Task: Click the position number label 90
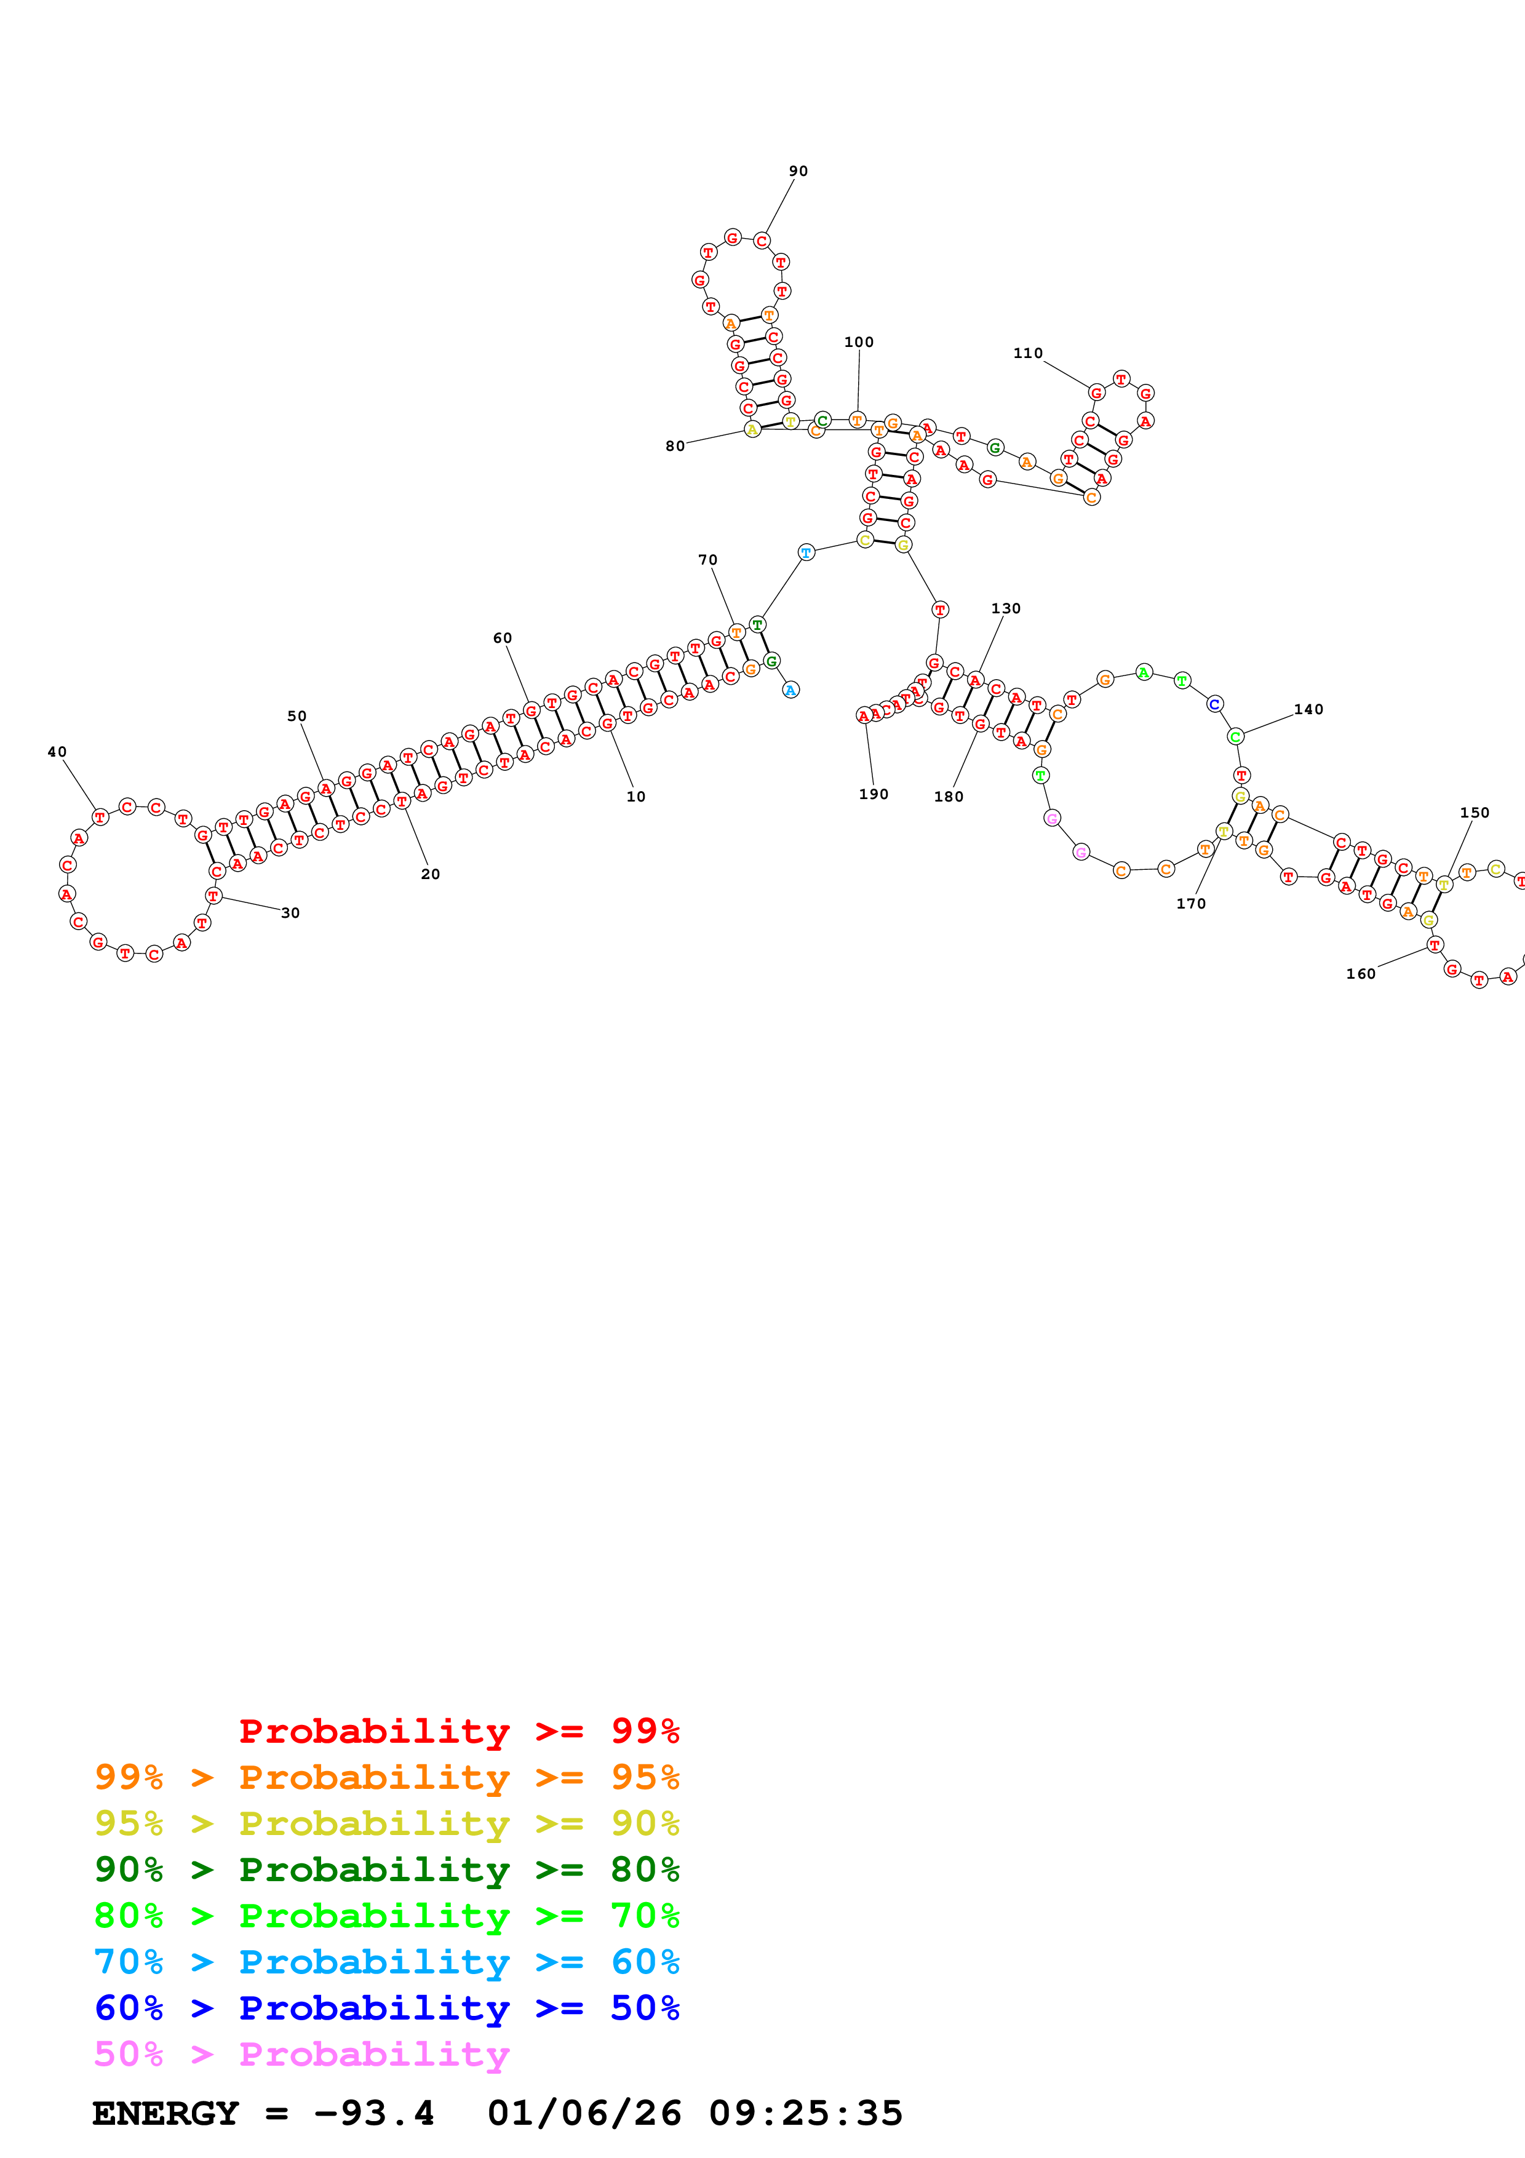pos(798,171)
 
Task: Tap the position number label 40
pos(57,752)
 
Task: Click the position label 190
pos(873,794)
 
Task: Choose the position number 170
pos(1190,903)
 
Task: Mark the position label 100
pos(858,342)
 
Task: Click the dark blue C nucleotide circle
pos(1214,704)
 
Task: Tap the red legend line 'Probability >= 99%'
pos(458,1730)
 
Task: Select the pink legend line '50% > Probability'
pos(301,2053)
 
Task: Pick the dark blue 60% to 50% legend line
pos(386,2008)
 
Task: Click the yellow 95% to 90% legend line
pos(386,1823)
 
